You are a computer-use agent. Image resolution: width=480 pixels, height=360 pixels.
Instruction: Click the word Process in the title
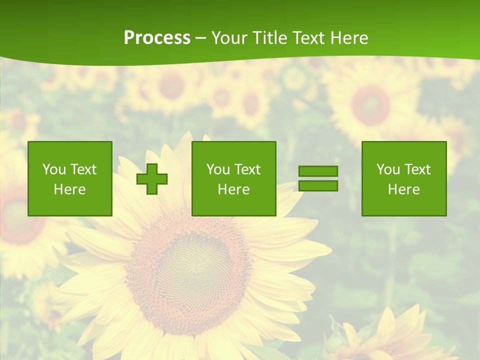(x=157, y=38)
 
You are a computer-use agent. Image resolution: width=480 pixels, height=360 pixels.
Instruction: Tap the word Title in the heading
(x=269, y=38)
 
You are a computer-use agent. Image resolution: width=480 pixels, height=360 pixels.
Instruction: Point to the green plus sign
(x=152, y=179)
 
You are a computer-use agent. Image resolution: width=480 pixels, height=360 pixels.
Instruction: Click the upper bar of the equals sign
(x=318, y=171)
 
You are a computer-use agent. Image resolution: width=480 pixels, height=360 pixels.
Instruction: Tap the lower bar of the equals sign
(x=318, y=186)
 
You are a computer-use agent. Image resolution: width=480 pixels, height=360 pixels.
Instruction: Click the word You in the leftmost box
(x=54, y=169)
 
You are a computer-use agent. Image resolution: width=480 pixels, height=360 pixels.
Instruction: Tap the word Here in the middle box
(x=234, y=189)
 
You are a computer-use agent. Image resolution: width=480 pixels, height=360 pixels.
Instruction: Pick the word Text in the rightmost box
(x=417, y=169)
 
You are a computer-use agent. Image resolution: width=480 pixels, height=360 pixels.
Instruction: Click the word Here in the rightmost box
(x=404, y=189)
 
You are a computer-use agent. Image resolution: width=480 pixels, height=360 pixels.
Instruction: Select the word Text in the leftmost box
(x=83, y=169)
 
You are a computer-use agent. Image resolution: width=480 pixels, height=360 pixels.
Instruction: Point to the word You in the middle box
(x=218, y=169)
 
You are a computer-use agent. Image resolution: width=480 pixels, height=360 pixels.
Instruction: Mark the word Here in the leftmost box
(x=70, y=189)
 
